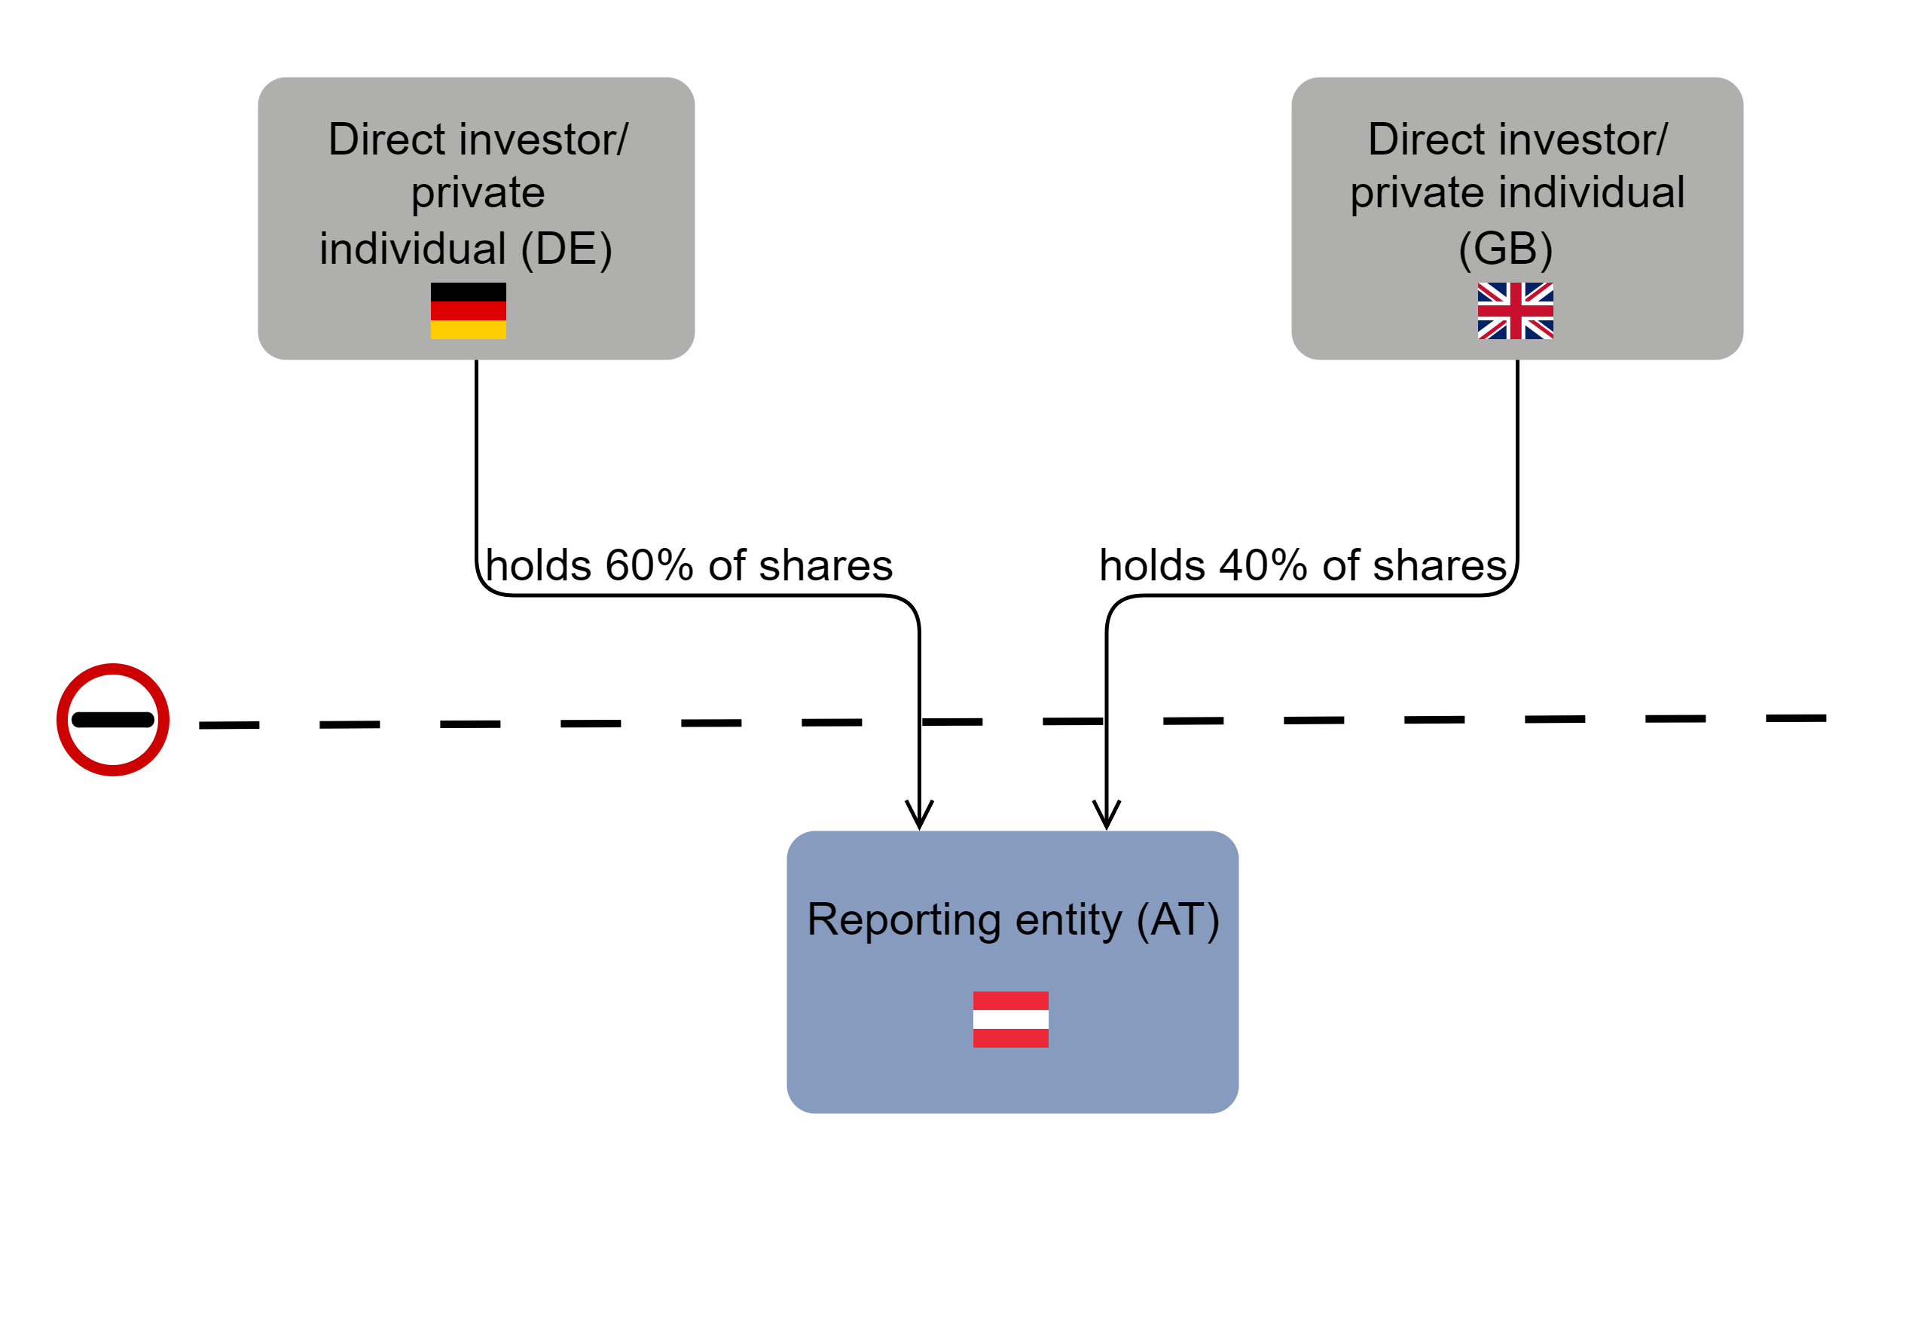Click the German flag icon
[x=468, y=311]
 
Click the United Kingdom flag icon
[x=1515, y=311]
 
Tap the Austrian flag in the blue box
[x=1010, y=1019]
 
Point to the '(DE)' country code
[x=567, y=249]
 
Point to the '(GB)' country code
[x=1505, y=249]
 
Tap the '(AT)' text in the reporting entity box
[x=1177, y=920]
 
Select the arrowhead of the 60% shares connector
[x=919, y=815]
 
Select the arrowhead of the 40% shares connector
[x=1106, y=815]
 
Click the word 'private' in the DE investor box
[x=478, y=193]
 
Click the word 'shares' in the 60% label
[x=825, y=565]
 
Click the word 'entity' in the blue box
[x=1068, y=920]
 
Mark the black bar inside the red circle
[x=112, y=720]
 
